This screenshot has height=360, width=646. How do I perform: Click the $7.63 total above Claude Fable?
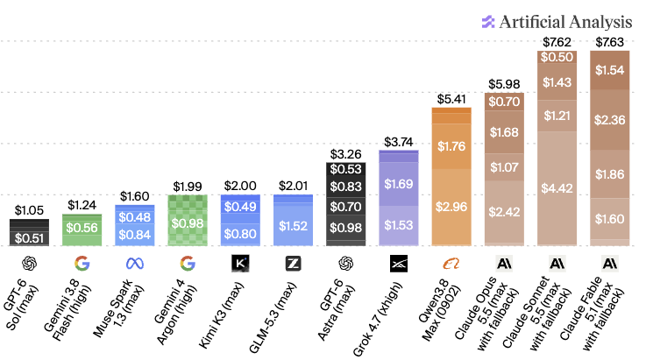609,42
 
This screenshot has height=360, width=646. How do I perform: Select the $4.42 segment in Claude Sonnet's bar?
557,188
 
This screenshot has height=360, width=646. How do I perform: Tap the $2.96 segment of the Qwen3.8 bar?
451,207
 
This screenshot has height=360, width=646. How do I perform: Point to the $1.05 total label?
29,210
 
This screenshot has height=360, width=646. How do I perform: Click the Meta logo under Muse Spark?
135,263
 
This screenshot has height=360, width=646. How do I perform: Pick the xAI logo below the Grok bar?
399,264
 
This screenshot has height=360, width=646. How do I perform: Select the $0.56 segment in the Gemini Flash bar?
82,228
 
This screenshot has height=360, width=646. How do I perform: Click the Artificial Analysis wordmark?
565,22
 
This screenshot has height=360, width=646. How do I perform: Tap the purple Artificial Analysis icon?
488,22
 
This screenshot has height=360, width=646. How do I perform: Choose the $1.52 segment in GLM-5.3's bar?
293,225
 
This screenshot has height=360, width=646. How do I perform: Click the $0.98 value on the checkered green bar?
188,223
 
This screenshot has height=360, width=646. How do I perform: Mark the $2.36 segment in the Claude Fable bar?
609,120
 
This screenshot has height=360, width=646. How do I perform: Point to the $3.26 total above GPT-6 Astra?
345,154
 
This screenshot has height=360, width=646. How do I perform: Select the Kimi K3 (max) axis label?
221,315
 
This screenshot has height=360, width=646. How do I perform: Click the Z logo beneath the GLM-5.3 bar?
293,264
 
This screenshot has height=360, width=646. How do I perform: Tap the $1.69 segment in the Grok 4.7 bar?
399,184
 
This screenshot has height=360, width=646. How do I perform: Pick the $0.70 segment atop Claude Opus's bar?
504,102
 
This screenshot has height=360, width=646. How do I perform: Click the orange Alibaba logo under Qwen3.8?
451,264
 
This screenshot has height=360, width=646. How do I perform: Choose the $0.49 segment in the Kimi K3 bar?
240,207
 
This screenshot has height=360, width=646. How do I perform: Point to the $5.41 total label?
451,99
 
